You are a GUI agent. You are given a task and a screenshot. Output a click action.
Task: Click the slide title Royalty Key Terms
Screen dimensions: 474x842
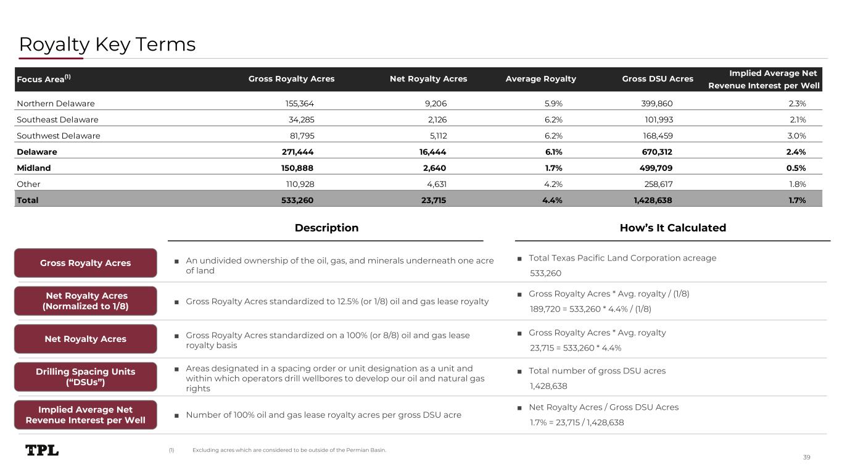coord(107,44)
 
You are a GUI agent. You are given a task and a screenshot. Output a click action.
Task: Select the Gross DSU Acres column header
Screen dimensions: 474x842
coord(658,79)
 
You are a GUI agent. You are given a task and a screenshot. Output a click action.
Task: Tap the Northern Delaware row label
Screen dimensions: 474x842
coord(56,104)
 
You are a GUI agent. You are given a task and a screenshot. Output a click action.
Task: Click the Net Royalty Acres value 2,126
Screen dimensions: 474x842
coord(433,120)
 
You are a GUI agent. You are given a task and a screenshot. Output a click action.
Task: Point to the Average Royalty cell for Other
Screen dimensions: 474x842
coord(550,184)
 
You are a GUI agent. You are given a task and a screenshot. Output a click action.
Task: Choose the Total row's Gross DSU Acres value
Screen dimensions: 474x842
coord(648,200)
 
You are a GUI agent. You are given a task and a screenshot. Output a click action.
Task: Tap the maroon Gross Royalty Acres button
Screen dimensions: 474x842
coord(85,263)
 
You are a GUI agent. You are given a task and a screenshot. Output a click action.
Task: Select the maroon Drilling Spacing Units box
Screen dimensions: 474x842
coord(85,376)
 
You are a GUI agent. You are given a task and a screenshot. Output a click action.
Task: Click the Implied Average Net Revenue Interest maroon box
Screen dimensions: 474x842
coord(85,415)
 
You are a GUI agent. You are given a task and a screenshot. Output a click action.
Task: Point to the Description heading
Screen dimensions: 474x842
coord(326,228)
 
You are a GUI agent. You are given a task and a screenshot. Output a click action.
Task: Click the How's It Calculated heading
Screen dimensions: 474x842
coord(672,228)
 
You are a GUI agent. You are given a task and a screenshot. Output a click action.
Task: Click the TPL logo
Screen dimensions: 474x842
coord(42,451)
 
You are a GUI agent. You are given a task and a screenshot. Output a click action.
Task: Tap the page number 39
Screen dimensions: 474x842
coord(806,457)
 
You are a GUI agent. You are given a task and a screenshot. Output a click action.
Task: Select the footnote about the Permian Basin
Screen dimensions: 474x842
coord(289,450)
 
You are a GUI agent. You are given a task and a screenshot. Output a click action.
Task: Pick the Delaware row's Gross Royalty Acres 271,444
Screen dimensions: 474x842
coord(297,152)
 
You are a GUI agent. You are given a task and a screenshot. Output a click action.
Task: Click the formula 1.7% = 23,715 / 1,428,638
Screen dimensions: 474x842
coord(577,423)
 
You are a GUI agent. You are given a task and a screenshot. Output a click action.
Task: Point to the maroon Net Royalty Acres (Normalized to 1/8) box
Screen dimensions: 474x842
coord(85,301)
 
